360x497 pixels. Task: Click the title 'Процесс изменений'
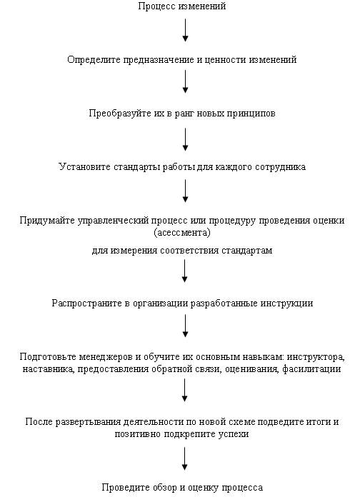[182, 6]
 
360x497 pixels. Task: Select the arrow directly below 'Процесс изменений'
[185, 30]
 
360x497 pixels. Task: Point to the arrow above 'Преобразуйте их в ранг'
[185, 81]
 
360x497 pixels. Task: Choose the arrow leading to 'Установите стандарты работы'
[185, 139]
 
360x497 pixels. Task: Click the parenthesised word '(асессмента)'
[182, 233]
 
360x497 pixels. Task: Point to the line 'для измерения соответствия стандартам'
[182, 251]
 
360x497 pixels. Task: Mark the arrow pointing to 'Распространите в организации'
[184, 271]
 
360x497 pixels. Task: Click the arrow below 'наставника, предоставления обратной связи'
[184, 391]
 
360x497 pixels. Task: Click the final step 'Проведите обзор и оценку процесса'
[182, 487]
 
